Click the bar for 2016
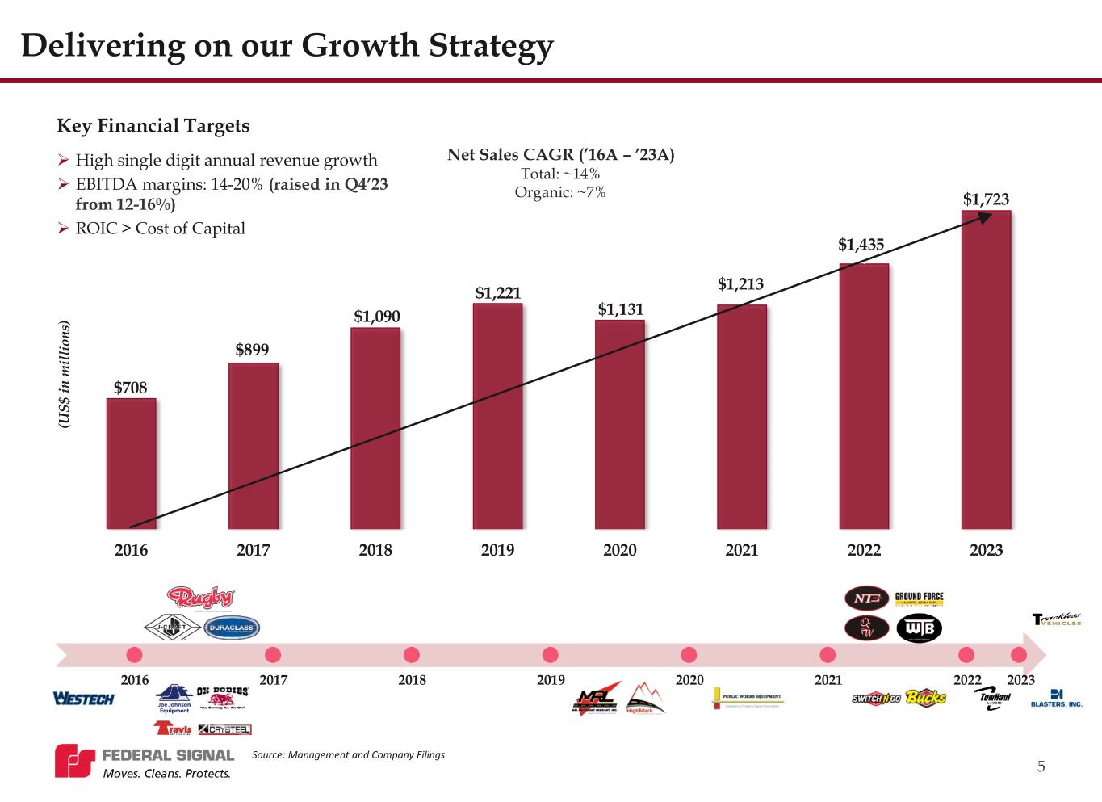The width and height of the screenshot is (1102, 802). [x=132, y=464]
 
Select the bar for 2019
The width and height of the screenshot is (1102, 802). [x=497, y=416]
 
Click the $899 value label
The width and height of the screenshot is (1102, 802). [x=252, y=350]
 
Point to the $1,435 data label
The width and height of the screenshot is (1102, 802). [x=861, y=245]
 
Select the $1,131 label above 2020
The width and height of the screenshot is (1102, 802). [x=620, y=309]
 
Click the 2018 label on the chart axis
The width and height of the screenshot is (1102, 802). [x=375, y=550]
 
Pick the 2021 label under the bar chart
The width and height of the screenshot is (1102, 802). [x=742, y=550]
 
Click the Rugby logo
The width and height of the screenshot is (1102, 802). [x=200, y=598]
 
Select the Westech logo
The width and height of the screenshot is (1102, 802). [x=84, y=699]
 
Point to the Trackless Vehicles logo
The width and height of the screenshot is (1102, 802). [x=1056, y=620]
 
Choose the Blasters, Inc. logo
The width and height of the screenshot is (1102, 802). [x=1056, y=699]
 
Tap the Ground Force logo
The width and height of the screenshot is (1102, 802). [x=919, y=599]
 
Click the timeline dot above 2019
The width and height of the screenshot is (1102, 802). [x=551, y=654]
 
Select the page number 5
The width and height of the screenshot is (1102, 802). [x=1041, y=766]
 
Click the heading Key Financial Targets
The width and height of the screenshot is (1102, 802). [x=153, y=126]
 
